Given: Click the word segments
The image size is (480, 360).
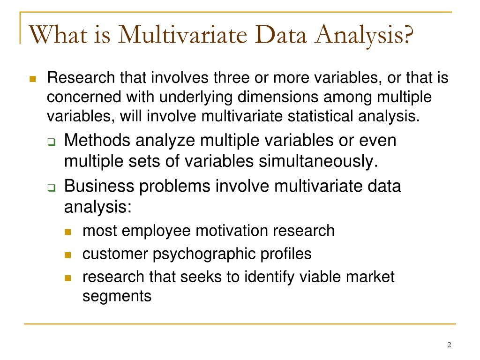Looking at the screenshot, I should tap(117, 296).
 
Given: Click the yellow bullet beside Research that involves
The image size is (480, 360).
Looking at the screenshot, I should tap(33, 78).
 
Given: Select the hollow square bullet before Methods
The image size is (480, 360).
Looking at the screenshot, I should tap(52, 142).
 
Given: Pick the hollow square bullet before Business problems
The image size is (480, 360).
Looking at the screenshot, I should tap(52, 187).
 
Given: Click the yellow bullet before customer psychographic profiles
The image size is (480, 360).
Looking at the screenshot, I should tap(68, 255).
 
